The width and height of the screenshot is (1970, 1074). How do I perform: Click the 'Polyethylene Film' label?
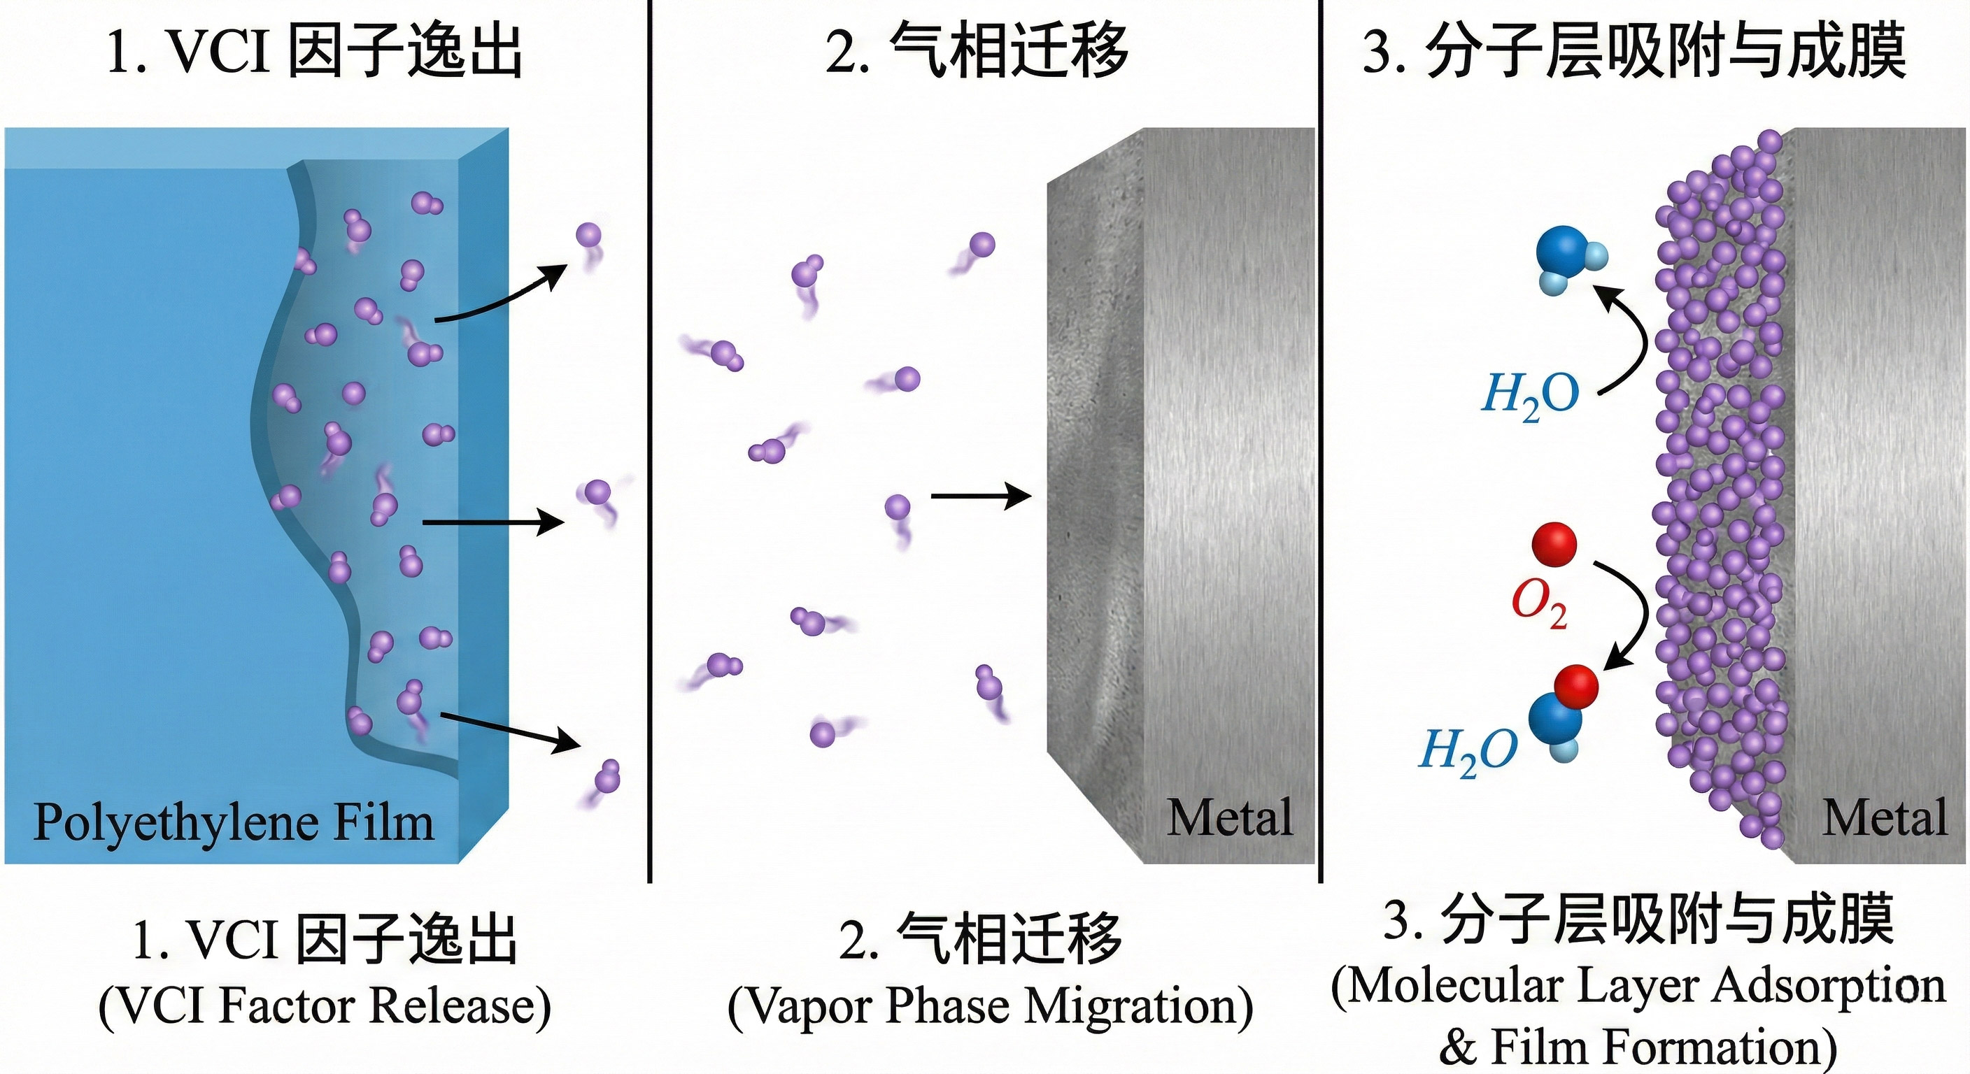tap(233, 822)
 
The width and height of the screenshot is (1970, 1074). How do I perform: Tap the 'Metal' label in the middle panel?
tap(1229, 817)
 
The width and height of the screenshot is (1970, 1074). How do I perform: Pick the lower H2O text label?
tap(1468, 751)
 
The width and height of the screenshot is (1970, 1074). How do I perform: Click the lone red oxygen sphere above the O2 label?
tap(1554, 544)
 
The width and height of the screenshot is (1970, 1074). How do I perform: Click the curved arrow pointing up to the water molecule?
tap(1625, 336)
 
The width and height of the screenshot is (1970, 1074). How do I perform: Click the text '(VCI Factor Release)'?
tap(325, 1005)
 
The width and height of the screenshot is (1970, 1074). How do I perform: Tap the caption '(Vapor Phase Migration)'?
tap(990, 1005)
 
